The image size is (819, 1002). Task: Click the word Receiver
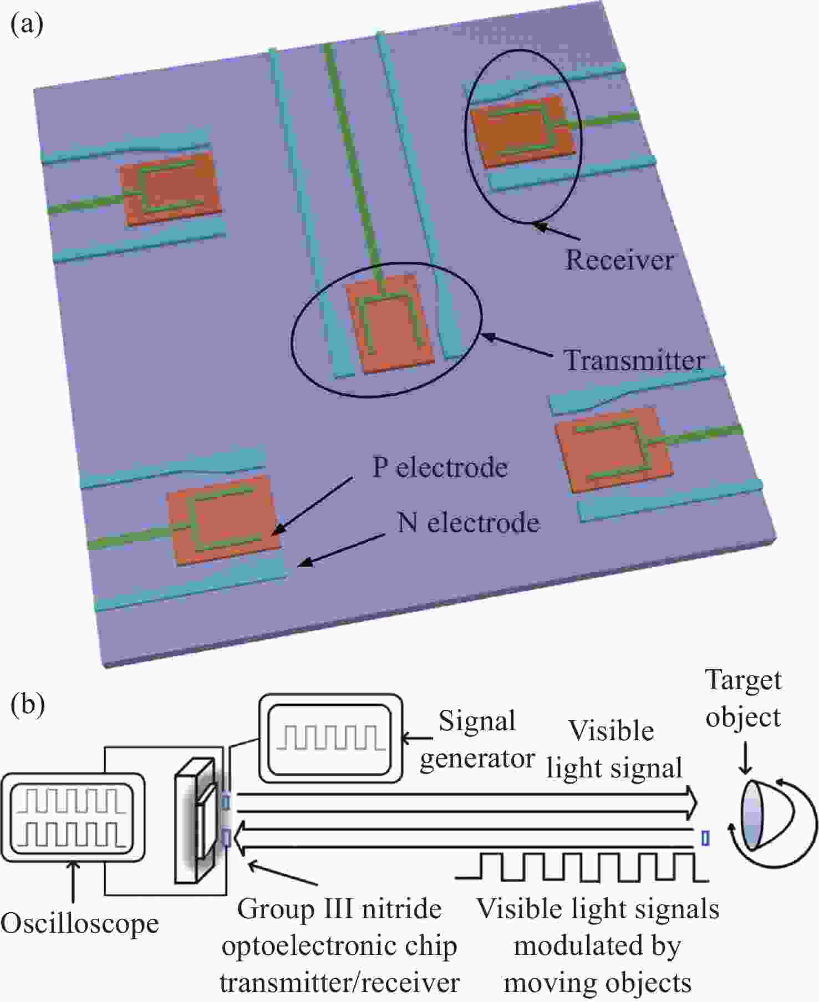619,260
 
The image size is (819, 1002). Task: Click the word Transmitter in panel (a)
634,360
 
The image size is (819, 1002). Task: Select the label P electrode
440,467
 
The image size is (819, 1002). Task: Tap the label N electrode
468,523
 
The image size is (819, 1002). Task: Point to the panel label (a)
27,24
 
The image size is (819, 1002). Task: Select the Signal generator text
477,740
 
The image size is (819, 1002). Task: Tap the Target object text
743,699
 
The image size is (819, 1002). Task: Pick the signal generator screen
330,739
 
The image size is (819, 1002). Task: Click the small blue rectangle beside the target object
705,838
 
